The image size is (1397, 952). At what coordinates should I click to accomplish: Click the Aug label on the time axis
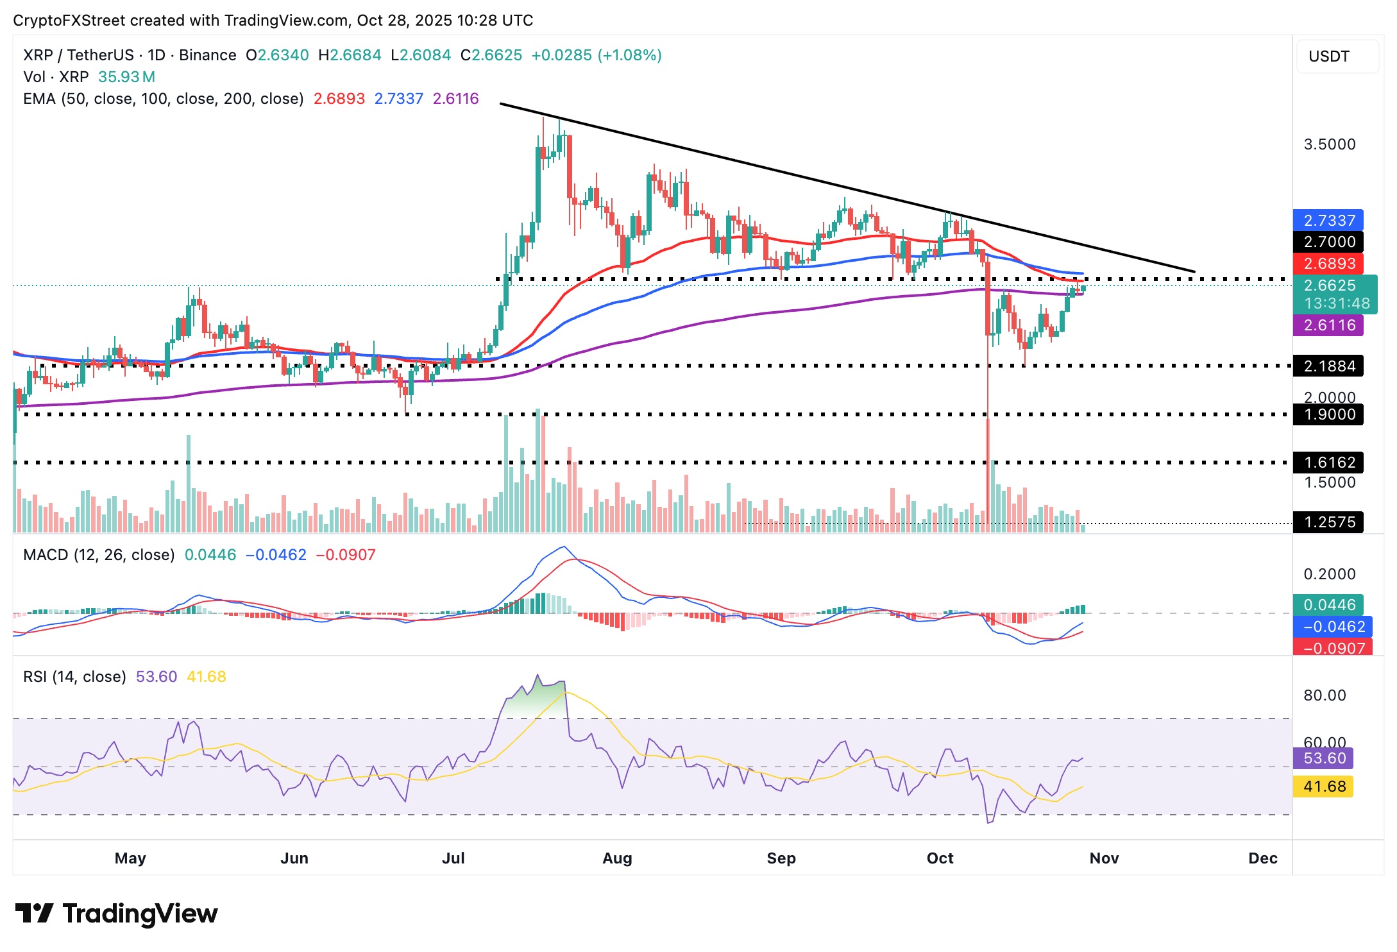tap(617, 858)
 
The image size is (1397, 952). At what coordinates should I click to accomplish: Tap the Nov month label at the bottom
tap(1104, 858)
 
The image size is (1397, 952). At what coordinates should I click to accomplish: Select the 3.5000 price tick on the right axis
tap(1330, 144)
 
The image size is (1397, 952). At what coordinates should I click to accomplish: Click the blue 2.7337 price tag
tap(1329, 221)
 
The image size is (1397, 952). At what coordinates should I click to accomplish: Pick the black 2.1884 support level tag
tap(1329, 366)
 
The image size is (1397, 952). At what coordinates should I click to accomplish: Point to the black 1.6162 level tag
tap(1329, 463)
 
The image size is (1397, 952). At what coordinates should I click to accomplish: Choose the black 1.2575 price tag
tap(1329, 522)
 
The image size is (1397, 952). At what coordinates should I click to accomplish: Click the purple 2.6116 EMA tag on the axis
tap(1329, 325)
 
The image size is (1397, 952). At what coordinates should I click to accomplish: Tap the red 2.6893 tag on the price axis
tap(1329, 264)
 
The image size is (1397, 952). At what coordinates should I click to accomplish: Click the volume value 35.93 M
tap(126, 77)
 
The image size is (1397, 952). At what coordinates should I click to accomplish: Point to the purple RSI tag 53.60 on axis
tap(1324, 758)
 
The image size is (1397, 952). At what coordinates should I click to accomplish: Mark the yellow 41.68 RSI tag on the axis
tap(1324, 786)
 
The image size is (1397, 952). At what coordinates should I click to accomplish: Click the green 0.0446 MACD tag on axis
tap(1329, 605)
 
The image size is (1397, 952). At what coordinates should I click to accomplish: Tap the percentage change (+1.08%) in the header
tap(629, 55)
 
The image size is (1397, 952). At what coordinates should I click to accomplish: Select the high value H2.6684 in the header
tap(350, 55)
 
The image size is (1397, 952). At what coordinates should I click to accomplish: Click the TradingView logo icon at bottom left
tap(33, 913)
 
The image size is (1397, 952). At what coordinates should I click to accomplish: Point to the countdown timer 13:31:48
tap(1337, 303)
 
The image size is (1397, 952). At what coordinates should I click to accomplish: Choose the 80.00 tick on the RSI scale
tap(1325, 695)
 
